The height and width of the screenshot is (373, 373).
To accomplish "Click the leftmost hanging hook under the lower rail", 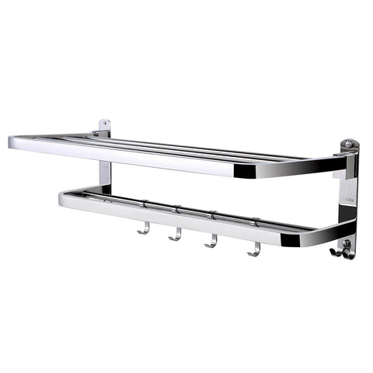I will click(x=143, y=228).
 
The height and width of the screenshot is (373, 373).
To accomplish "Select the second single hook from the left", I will click(x=176, y=235).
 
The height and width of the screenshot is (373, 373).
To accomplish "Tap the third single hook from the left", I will click(x=211, y=242).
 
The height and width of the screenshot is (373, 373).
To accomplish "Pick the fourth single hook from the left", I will click(x=253, y=249).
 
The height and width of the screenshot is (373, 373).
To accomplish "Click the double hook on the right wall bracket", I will click(x=343, y=251).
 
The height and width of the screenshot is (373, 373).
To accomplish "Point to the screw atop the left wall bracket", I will click(x=103, y=124).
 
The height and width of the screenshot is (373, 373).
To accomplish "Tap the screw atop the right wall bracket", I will click(x=349, y=145).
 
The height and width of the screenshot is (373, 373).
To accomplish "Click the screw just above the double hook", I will click(x=347, y=244).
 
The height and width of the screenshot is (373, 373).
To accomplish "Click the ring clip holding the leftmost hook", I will click(x=144, y=205).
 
